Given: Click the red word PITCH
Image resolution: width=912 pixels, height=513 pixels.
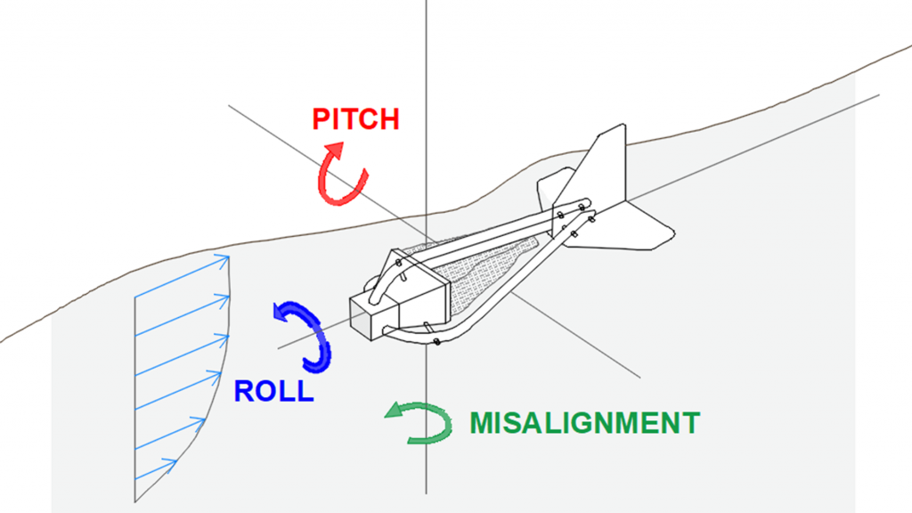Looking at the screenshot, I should click(x=355, y=119).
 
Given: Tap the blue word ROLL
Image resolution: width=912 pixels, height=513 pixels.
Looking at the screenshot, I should click(x=273, y=390).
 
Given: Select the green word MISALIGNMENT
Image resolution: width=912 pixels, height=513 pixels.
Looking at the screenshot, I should click(x=584, y=422).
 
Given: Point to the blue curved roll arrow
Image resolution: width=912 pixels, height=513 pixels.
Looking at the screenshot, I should click(x=307, y=335).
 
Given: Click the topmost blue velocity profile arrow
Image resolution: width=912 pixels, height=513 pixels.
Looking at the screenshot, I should click(x=183, y=272).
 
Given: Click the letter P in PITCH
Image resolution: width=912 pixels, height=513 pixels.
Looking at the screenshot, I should click(x=321, y=119).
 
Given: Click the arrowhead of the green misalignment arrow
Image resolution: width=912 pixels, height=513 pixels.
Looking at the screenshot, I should click(x=391, y=411).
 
